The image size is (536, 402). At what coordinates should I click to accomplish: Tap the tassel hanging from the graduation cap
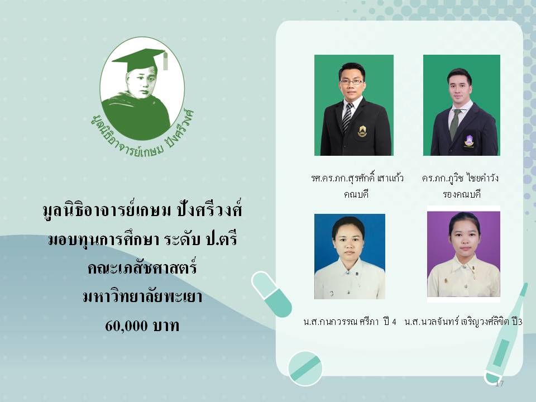[x=165, y=61]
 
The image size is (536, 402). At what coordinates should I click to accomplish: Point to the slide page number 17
[x=499, y=383]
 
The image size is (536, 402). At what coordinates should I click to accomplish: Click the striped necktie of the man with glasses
[x=347, y=117]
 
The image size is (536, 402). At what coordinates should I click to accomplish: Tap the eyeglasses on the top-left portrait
[x=352, y=82]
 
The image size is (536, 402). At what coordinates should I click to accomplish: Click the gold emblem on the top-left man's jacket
[x=362, y=131]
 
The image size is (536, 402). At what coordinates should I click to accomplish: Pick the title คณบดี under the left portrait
[x=356, y=194]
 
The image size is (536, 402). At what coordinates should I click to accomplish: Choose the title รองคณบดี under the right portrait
[x=462, y=194]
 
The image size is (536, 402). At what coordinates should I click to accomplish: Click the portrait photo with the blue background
[x=350, y=256]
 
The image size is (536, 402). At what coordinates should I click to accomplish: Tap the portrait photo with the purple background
[x=463, y=254]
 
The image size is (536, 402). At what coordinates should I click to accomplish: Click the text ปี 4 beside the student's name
[x=390, y=322]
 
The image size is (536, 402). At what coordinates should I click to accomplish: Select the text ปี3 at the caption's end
[x=517, y=322]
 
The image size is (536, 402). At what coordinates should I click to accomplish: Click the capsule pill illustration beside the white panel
[x=271, y=294]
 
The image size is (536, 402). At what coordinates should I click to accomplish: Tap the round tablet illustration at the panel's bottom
[x=305, y=368]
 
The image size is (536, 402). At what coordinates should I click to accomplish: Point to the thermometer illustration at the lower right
[x=506, y=333]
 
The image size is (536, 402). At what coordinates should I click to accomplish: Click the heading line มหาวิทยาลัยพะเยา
[x=142, y=296]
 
